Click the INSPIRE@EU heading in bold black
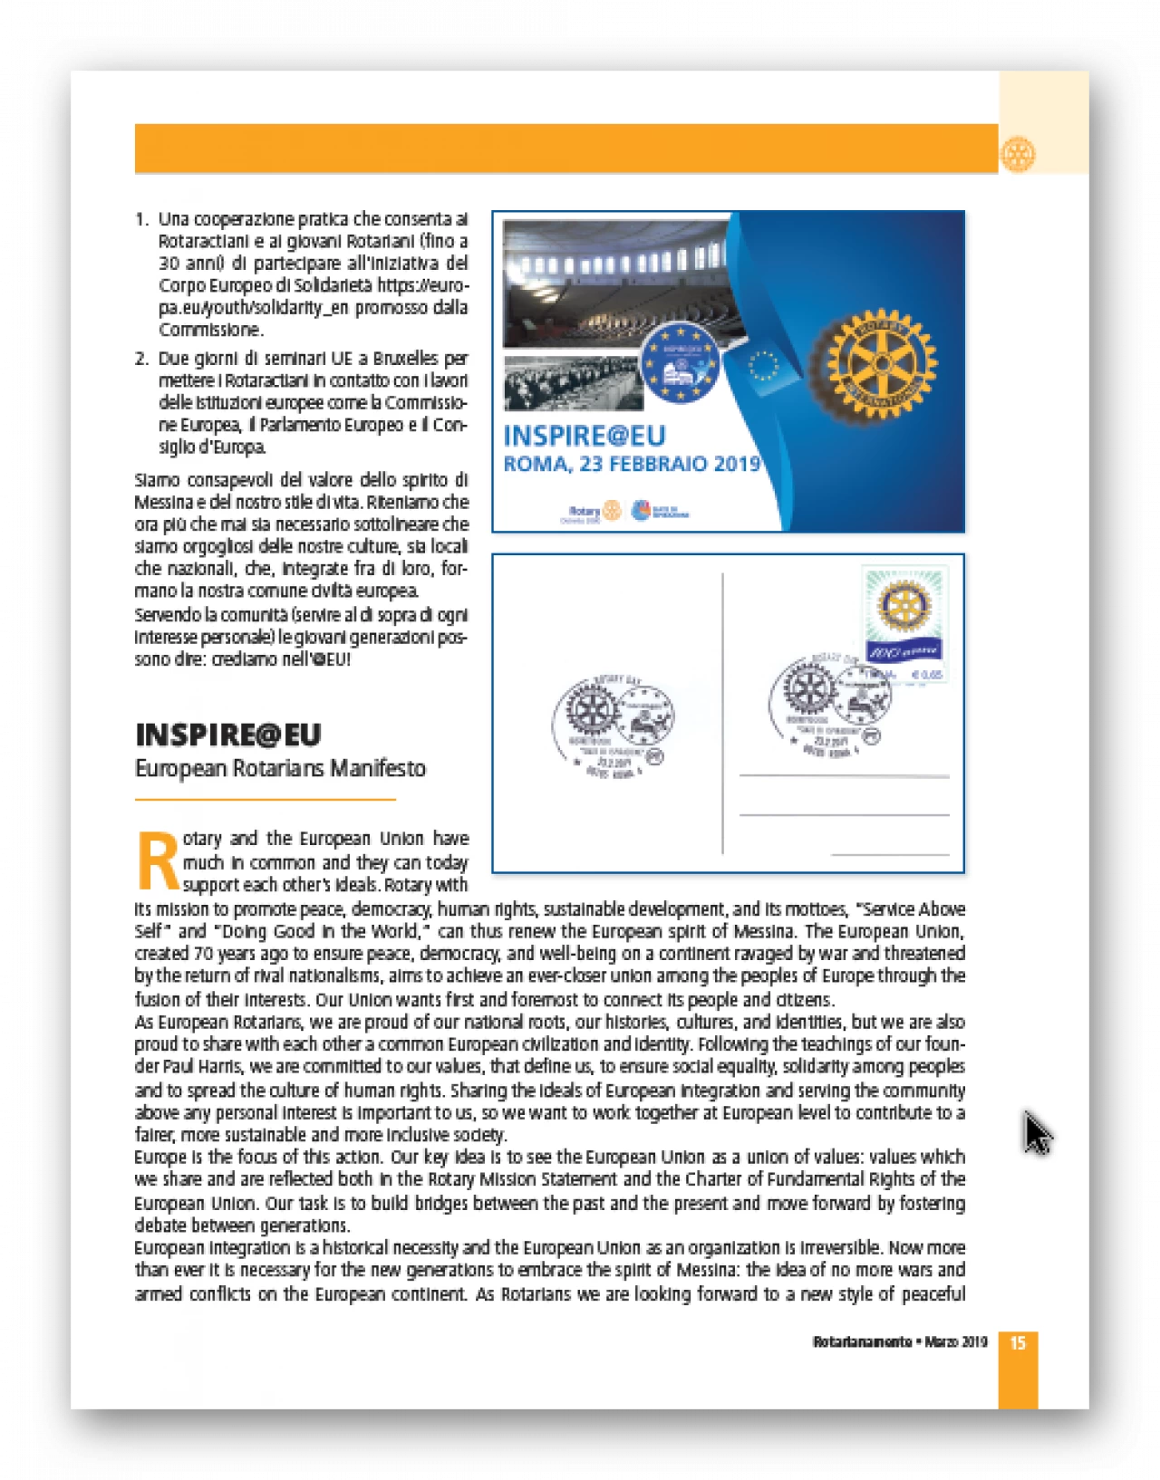[228, 735]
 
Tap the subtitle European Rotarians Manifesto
[280, 769]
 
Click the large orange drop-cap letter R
[158, 861]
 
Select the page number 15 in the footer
[1018, 1342]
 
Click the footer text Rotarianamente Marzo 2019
[899, 1342]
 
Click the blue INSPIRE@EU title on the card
[585, 437]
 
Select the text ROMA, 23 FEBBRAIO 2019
[632, 465]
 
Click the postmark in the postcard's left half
[612, 722]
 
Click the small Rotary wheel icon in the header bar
[1017, 154]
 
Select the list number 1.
[141, 220]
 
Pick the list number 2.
[141, 359]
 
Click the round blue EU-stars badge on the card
[680, 362]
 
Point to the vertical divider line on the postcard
[722, 713]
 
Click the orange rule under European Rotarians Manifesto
[265, 800]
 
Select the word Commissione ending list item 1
[210, 330]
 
